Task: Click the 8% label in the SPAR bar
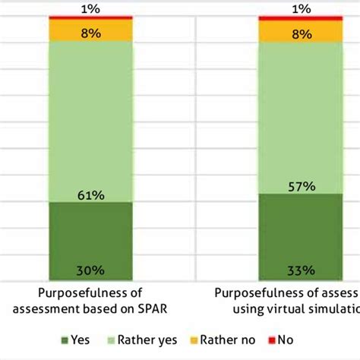(90, 32)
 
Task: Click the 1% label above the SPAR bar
(90, 9)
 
